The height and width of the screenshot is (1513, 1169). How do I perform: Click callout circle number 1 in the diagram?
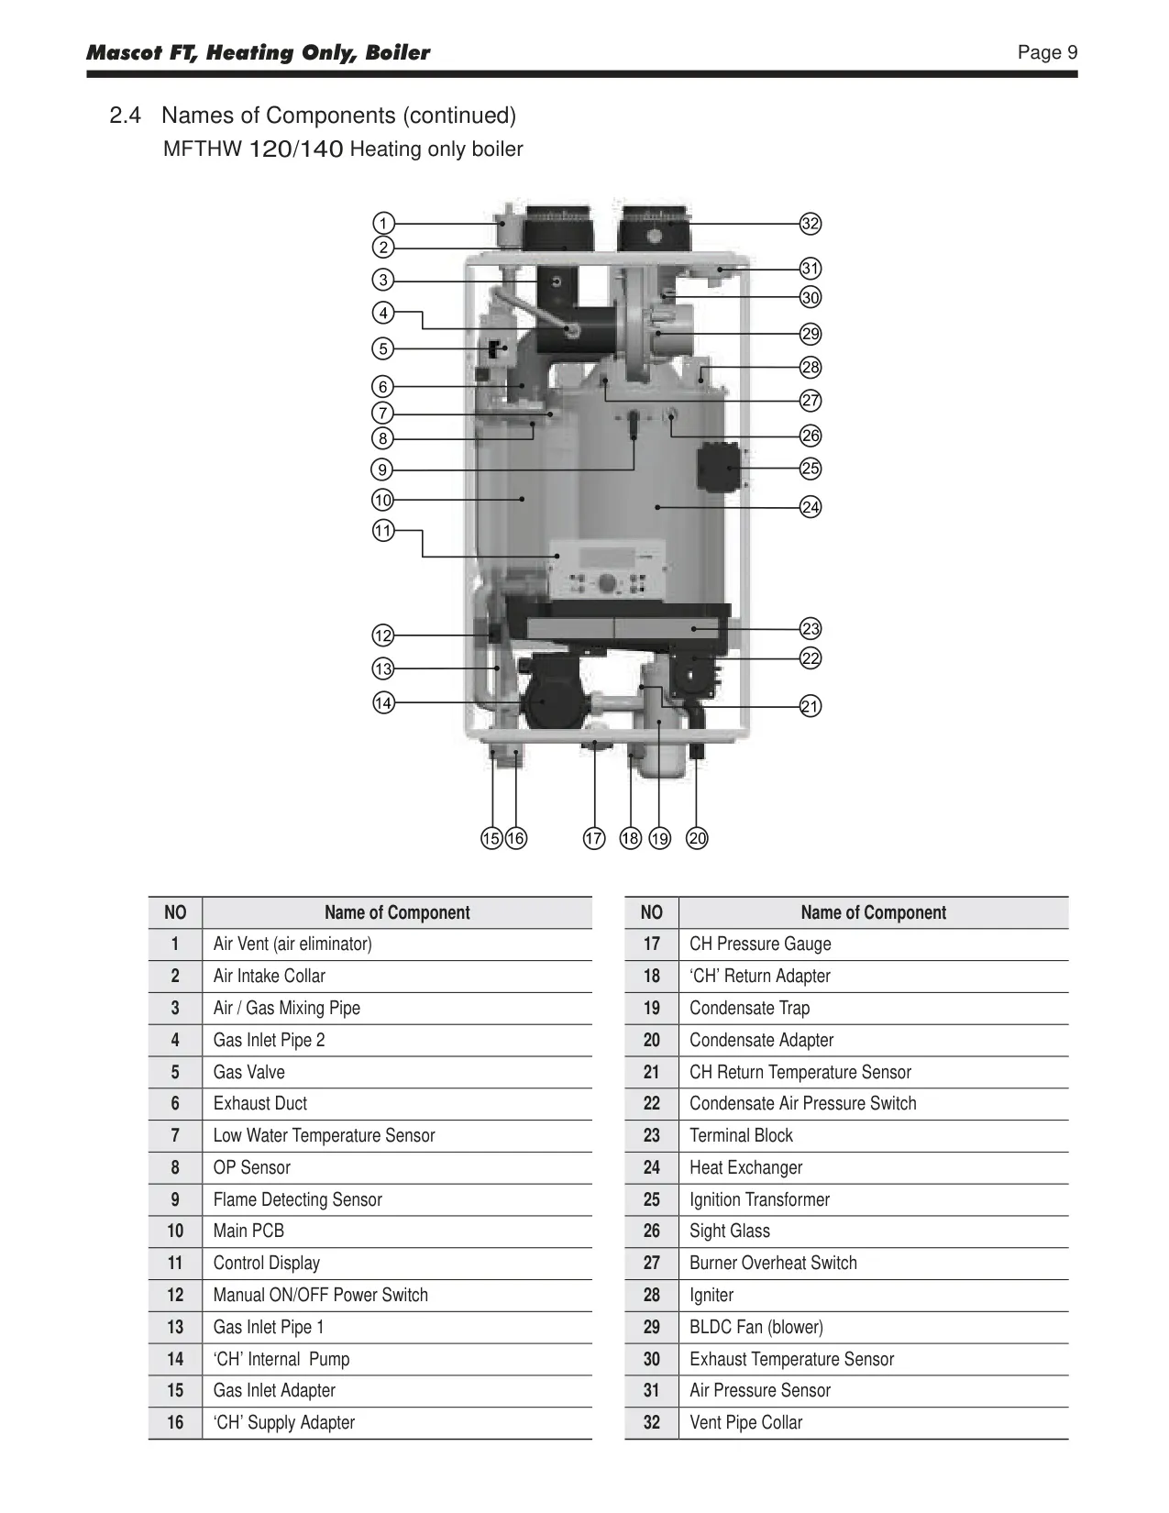(383, 224)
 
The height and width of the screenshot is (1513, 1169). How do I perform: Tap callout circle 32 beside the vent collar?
(810, 224)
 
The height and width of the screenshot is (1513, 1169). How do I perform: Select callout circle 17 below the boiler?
(594, 837)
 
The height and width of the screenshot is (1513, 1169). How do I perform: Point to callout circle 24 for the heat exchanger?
(810, 507)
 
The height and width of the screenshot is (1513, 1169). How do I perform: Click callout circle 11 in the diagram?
(383, 531)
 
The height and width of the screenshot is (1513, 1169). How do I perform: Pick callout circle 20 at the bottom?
(697, 837)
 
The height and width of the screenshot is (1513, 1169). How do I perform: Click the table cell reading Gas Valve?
(249, 1072)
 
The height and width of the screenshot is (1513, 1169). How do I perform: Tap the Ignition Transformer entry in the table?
(759, 1199)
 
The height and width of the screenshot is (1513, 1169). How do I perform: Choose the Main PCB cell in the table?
(248, 1231)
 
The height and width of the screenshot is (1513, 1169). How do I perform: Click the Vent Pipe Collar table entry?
(745, 1422)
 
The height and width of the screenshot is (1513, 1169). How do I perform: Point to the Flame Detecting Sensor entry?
(297, 1199)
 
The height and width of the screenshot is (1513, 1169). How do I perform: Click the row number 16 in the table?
(175, 1422)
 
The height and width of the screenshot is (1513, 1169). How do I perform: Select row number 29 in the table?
(652, 1327)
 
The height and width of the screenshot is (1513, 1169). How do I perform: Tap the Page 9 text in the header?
(1047, 52)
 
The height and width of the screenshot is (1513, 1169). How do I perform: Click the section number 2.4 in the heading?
(126, 115)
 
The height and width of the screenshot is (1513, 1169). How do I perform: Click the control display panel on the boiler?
(607, 569)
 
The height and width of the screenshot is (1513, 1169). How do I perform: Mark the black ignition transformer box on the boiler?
(719, 467)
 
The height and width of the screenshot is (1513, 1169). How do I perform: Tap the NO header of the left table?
(175, 912)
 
